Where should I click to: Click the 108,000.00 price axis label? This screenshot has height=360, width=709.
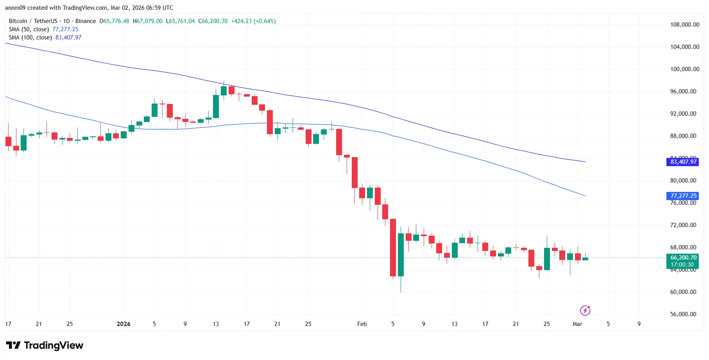point(684,25)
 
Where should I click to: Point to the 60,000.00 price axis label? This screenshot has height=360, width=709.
point(683,292)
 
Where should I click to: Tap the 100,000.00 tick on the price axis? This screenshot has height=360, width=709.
point(684,69)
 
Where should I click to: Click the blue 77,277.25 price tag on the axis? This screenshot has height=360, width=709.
point(683,196)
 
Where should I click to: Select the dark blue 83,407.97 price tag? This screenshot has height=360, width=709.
point(683,162)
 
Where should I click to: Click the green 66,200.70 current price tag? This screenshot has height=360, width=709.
point(683,258)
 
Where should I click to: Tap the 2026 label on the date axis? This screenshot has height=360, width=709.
point(124,324)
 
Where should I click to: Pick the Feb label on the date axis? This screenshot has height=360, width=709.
point(362,324)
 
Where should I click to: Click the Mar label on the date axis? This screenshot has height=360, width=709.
point(577,324)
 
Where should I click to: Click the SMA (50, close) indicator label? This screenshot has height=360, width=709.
point(29,29)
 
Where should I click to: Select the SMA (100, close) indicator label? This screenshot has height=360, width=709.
point(30,38)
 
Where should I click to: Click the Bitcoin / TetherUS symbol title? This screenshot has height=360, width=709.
point(33,21)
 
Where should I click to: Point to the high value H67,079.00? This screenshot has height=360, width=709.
point(147,21)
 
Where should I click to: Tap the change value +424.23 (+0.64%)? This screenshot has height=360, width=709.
point(253,21)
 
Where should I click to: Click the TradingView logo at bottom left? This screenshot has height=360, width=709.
point(45,346)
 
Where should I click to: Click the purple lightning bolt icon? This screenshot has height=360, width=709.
point(585,310)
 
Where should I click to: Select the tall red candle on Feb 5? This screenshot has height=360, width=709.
point(393,247)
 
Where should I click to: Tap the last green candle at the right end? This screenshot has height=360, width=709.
point(585,259)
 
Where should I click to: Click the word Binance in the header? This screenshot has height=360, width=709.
point(86,21)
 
